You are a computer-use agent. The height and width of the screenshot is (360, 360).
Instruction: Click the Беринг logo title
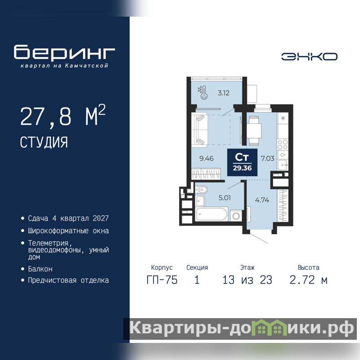(x=64, y=52)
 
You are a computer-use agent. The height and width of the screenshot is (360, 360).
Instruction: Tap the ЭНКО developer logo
(x=309, y=57)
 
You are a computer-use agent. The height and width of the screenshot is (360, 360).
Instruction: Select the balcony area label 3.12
(x=223, y=93)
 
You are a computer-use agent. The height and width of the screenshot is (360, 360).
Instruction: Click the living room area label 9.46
(x=207, y=158)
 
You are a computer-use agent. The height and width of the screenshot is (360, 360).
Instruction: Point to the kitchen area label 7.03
(x=267, y=158)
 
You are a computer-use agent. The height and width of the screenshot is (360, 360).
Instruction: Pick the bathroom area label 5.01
(x=225, y=198)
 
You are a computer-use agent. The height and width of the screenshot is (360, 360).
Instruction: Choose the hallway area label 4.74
(x=262, y=200)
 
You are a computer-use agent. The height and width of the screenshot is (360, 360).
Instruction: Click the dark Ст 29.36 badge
(x=242, y=162)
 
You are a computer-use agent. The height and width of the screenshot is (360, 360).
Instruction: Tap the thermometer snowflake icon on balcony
(x=203, y=93)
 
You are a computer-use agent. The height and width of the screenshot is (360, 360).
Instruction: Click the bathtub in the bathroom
(x=211, y=214)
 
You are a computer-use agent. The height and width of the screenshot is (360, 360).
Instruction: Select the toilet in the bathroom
(x=201, y=189)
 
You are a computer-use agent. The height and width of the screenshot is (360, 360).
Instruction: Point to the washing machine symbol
(x=236, y=216)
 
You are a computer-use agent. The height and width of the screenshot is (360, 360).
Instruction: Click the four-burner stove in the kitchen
(x=283, y=144)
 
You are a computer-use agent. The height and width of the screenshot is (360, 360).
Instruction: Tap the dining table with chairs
(x=254, y=130)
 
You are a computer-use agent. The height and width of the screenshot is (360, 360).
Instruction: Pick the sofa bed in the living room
(x=199, y=130)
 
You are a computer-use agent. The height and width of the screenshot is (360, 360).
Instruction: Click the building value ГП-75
(x=162, y=280)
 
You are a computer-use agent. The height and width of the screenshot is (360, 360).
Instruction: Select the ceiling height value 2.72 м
(x=308, y=280)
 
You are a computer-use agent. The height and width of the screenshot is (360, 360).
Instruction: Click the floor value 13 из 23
(x=247, y=280)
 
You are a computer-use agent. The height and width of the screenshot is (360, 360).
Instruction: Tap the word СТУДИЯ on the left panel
(x=44, y=142)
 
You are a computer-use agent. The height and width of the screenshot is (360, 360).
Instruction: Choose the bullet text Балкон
(x=40, y=269)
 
